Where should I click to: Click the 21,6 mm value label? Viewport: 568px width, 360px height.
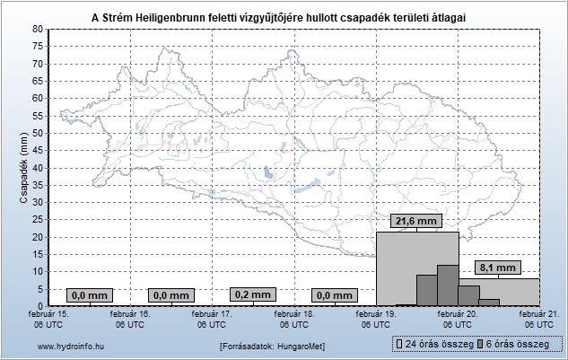point(415,221)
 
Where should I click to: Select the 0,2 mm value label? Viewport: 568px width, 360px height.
point(252,294)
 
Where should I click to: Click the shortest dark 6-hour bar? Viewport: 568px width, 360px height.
point(489,302)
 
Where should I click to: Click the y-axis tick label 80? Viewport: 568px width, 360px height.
point(37,30)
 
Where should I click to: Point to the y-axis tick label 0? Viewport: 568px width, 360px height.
point(39,306)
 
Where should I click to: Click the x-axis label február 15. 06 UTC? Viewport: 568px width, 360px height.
point(48,320)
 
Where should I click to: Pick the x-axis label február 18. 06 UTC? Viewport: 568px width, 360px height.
point(293,320)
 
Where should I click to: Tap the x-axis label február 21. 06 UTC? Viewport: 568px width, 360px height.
point(537,320)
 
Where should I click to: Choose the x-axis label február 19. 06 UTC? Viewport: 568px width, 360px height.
point(375,320)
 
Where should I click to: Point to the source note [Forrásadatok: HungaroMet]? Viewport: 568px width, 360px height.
point(272,346)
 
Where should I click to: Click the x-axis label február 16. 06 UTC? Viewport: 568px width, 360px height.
point(130,320)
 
